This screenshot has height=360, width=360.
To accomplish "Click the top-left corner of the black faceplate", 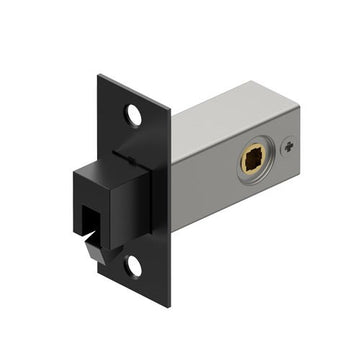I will tap(99, 75).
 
